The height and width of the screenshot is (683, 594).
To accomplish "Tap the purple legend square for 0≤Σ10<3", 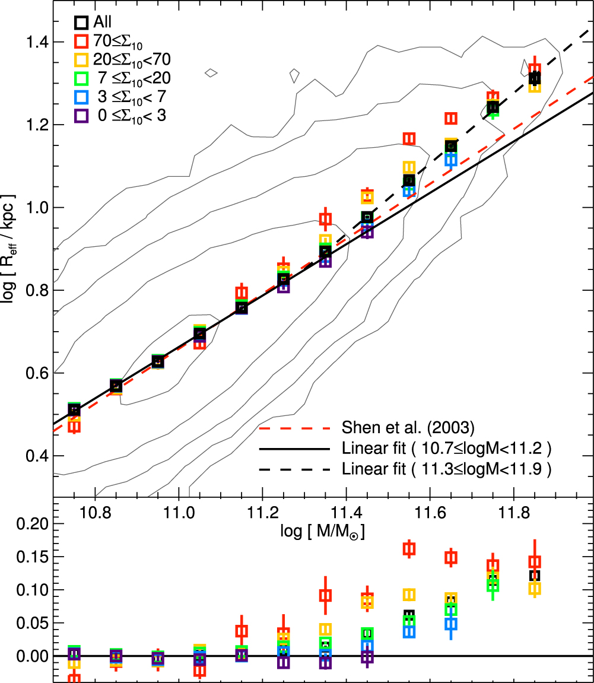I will click(81, 116).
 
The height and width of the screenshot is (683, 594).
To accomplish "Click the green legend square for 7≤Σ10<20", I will click(81, 78).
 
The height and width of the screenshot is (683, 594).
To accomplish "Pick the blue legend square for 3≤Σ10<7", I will click(81, 97).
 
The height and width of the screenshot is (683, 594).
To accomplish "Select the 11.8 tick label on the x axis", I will click(515, 511).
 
